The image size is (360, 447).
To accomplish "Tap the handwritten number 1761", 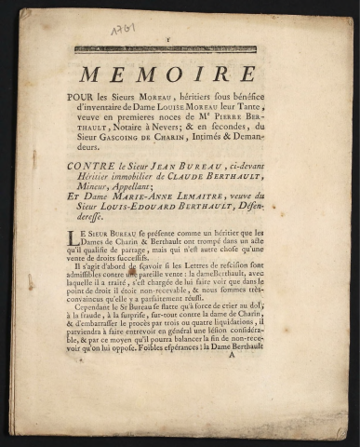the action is point(122,31).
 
